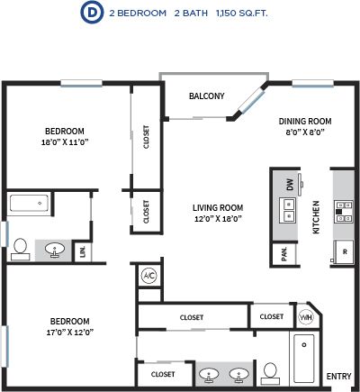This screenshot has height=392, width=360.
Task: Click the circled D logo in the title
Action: tap(92, 13)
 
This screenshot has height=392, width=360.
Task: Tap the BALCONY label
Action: tap(207, 96)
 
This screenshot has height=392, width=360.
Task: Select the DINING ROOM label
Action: tap(305, 122)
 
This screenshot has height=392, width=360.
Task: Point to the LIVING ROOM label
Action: tap(218, 208)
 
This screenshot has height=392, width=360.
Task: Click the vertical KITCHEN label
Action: tap(316, 217)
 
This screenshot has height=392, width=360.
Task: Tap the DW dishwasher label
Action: tap(290, 185)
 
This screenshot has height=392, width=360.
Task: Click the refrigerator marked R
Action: tap(344, 251)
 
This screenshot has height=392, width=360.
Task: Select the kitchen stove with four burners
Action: tap(344, 212)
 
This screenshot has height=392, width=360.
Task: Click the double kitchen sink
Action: tap(288, 210)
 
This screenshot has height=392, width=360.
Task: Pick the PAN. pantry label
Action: tap(284, 254)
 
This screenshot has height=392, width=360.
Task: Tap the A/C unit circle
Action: tap(149, 276)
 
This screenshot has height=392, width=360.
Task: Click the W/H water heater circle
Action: tap(306, 317)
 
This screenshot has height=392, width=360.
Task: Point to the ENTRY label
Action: tap(338, 376)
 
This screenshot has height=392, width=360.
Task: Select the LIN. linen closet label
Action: tap(83, 251)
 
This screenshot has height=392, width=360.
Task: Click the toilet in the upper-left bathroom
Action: tap(21, 250)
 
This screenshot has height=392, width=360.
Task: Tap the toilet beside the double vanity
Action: tap(270, 374)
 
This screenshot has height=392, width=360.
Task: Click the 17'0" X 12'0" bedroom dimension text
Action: tap(70, 333)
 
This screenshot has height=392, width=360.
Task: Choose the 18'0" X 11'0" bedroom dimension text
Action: tap(65, 141)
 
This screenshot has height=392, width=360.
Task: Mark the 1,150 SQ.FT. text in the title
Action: tap(242, 14)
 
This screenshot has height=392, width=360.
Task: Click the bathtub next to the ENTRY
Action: tap(304, 359)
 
